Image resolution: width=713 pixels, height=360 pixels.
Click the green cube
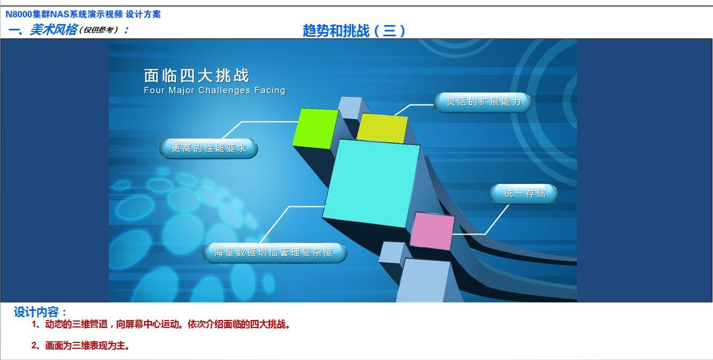coord(316,129)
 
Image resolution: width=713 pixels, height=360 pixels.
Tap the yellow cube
coord(382,129)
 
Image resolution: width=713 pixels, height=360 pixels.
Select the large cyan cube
coord(371,183)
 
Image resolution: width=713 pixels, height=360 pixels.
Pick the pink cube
coord(432,231)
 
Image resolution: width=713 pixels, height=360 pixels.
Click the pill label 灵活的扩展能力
coord(483,102)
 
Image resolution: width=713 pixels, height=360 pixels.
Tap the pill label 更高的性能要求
coord(209,148)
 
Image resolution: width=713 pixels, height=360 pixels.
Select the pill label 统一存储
coord(524,194)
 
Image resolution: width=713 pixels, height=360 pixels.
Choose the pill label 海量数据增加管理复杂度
coord(275,253)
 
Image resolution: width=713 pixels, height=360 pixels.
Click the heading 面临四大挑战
coord(196,76)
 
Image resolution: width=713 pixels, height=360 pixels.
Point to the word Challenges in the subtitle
coord(224,90)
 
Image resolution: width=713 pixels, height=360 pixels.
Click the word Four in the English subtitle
coord(154,90)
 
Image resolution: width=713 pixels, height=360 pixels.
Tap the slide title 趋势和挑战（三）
coord(354,31)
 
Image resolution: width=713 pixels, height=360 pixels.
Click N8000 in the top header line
coord(19,14)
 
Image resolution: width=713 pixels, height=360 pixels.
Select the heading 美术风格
coord(53,30)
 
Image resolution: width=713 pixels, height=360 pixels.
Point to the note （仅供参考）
coord(99,30)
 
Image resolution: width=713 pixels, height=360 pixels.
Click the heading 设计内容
coord(40,312)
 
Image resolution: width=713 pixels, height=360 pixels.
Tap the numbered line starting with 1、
coord(161,324)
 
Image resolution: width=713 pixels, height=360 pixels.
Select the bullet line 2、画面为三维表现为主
coord(81,346)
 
